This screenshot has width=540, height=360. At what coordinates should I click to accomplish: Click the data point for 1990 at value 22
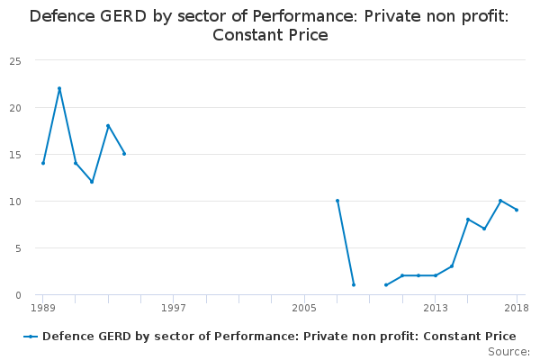coord(59,88)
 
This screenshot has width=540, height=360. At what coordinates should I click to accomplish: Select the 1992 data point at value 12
coord(92,182)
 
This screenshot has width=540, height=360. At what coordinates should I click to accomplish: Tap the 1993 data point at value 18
coord(108,126)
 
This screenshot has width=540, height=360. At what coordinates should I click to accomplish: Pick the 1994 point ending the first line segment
coord(124,154)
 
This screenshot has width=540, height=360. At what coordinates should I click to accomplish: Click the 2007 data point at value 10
coord(337,201)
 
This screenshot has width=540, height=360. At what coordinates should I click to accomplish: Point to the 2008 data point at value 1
coord(354,285)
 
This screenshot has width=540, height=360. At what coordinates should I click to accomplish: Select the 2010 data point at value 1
coord(386,285)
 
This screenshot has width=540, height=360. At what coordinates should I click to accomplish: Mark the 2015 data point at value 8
coord(468,220)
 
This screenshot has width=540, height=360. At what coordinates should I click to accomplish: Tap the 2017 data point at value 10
coord(500,201)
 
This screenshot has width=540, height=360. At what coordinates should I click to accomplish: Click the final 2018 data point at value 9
coord(517,210)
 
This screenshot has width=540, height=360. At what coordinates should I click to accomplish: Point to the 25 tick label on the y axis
coord(15,62)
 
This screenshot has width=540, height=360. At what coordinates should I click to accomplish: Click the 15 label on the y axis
coord(15,155)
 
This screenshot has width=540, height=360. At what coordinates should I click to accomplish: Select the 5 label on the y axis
coord(18,248)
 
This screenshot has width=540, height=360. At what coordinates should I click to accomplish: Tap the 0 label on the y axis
coord(18,295)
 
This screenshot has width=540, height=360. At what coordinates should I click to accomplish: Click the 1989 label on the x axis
coord(43,308)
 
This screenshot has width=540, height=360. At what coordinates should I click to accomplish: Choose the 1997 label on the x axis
coord(174,308)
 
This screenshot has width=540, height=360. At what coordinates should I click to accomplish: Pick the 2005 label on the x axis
coord(304,308)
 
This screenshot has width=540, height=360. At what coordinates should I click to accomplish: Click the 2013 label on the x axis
coord(436,308)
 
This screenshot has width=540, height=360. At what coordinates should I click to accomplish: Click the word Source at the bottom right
coord(508,352)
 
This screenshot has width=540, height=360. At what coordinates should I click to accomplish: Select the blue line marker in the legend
coord(31,337)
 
